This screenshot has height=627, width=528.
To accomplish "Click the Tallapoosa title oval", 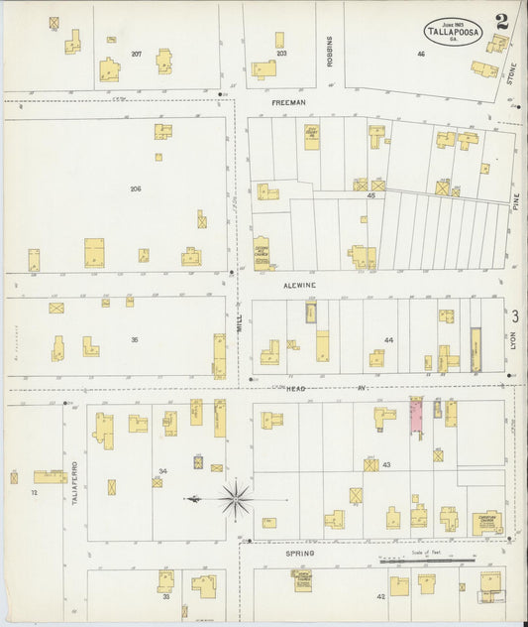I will tap(454, 32).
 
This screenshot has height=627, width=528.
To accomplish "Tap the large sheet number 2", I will tap(504, 21).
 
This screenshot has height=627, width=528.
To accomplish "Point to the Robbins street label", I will tap(330, 49).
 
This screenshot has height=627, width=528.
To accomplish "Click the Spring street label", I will tap(300, 553).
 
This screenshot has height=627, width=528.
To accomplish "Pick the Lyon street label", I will tap(513, 340).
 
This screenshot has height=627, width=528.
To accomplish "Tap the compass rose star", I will tap(236, 498).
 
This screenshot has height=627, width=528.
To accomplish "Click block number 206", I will tap(136, 188).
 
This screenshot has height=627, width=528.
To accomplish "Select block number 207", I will tap(136, 53).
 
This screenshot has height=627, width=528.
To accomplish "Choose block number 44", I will tap(388, 340).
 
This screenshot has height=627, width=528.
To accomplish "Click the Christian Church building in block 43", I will tap(486, 522).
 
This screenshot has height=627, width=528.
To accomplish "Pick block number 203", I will tap(281, 54).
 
